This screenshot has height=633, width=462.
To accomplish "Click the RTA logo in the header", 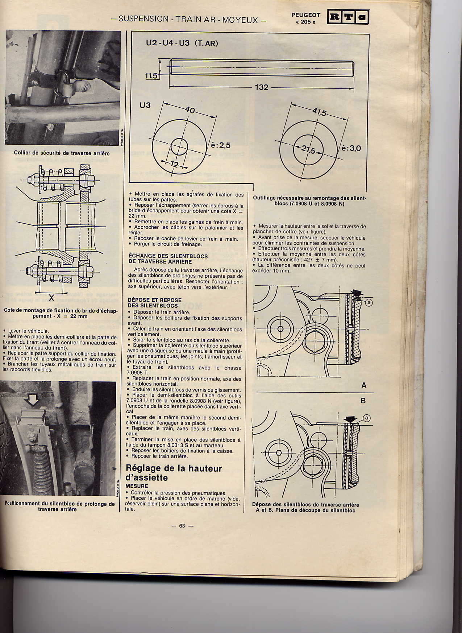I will [x=348, y=17].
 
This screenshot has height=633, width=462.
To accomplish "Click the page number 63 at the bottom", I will [x=182, y=526].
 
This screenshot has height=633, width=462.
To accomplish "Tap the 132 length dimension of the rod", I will [x=261, y=87].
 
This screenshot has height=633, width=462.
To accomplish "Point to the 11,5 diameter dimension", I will [x=151, y=75].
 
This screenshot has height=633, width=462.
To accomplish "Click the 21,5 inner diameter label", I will [x=309, y=150].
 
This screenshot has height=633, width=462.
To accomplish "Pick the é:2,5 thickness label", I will [x=220, y=145].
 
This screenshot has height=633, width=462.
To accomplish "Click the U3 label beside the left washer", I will [x=145, y=105].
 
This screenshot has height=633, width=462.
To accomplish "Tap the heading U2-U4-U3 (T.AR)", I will [x=182, y=43].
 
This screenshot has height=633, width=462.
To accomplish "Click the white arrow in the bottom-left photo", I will [x=33, y=400].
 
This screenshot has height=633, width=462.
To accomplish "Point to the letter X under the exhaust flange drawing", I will [x=51, y=298].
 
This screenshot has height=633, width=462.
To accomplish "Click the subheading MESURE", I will [x=137, y=486].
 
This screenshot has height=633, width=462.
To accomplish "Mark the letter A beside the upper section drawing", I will [x=364, y=385].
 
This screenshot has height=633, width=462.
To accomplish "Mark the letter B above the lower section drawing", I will [x=363, y=401].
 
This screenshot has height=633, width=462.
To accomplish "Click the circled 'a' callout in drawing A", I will [x=369, y=302].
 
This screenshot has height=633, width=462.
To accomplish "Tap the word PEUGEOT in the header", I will [x=306, y=15].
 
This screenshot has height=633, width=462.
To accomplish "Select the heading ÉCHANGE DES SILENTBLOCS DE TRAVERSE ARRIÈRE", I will [x=168, y=258].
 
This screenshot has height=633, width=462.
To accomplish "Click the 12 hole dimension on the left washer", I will [x=175, y=164].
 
